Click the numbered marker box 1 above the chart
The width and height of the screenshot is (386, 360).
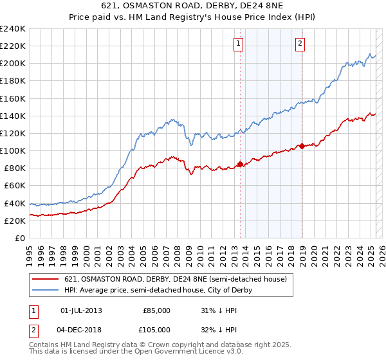coord(238,44)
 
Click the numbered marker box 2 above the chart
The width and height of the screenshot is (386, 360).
coord(300,44)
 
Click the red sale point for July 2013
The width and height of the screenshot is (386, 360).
coord(241,164)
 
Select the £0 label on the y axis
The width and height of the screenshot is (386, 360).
coord(21,238)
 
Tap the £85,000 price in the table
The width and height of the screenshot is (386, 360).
coord(156,310)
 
